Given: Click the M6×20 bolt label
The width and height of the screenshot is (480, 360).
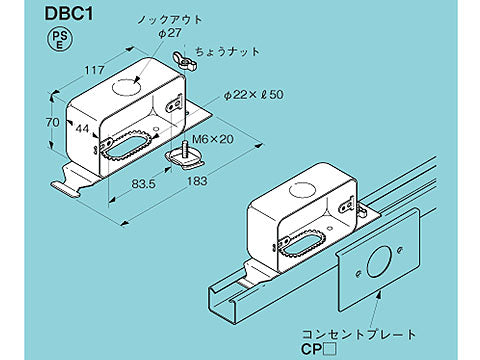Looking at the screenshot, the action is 211,139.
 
